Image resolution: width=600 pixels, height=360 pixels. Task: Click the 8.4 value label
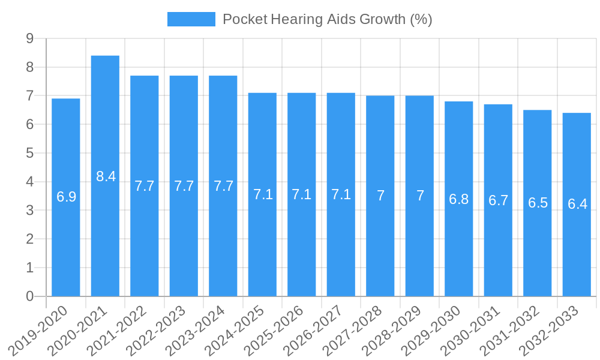pyautogui.click(x=106, y=176)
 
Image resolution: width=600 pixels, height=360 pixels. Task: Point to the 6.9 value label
pyautogui.click(x=66, y=197)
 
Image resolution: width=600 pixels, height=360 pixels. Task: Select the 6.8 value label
pyautogui.click(x=459, y=200)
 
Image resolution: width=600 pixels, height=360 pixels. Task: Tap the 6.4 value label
pyautogui.click(x=577, y=204)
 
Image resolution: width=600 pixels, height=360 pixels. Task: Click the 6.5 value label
pyautogui.click(x=538, y=203)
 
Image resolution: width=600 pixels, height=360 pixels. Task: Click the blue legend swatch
pyautogui.click(x=191, y=19)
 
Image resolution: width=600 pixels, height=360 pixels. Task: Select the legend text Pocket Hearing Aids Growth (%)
pyautogui.click(x=327, y=19)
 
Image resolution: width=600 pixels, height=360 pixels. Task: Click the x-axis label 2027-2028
pyautogui.click(x=358, y=329)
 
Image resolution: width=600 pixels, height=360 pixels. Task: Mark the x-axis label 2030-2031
pyautogui.click(x=476, y=329)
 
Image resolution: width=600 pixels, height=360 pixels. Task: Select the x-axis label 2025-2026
pyautogui.click(x=279, y=329)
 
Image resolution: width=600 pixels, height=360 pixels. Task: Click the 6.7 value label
pyautogui.click(x=499, y=201)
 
